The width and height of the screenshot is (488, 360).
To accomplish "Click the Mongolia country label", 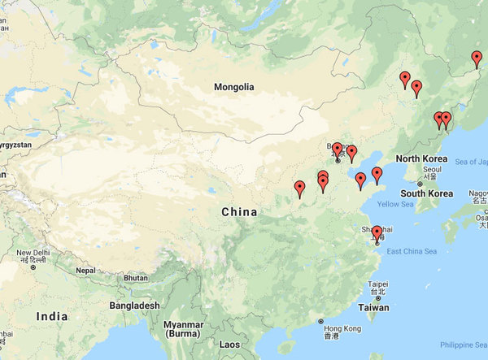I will click(x=234, y=87).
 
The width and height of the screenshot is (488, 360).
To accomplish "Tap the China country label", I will click(x=239, y=212).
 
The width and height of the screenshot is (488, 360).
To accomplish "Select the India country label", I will click(x=52, y=316).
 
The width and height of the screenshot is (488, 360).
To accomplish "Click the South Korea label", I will click(x=426, y=193).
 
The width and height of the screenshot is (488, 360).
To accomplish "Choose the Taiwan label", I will click(x=374, y=308).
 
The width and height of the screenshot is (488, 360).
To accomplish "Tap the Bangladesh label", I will click(x=135, y=306).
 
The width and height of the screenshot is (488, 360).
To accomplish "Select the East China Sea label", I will click(x=412, y=251).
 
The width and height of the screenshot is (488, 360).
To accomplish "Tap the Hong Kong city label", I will click(x=342, y=328).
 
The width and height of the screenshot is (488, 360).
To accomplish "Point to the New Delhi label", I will click(x=34, y=254).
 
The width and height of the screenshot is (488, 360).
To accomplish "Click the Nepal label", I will click(x=86, y=270).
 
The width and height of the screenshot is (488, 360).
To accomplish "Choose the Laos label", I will click(x=230, y=345).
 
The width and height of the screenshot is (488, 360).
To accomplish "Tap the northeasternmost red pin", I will click(x=477, y=59).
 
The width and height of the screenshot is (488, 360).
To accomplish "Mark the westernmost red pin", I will click(x=299, y=189).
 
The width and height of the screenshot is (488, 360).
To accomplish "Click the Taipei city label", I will click(x=378, y=284).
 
